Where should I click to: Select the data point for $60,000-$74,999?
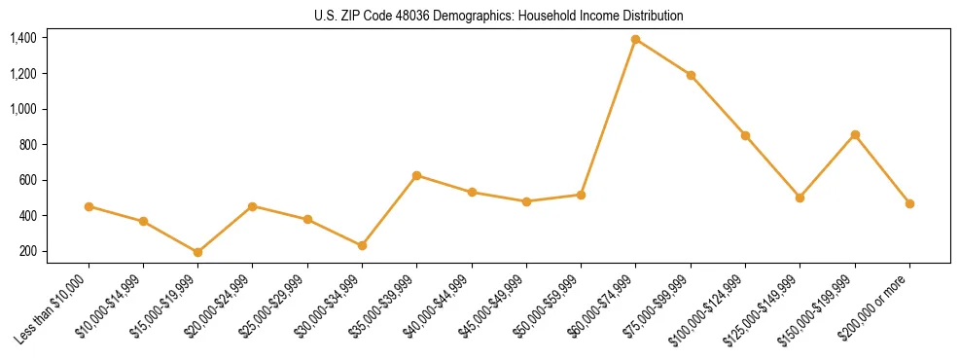pos(636,40)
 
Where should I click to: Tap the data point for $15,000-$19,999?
pos(198,252)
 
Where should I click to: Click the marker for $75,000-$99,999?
pos(691,75)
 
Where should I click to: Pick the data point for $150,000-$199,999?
pos(855,134)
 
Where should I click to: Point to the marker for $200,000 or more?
pos(909,203)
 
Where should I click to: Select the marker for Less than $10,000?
pos(89,206)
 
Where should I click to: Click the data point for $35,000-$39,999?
pos(417,175)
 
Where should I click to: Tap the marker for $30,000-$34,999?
pos(362,245)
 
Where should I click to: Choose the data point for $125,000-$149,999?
pos(800,198)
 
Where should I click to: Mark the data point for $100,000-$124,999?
pos(745,135)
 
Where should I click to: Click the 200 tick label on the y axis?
pos(27,251)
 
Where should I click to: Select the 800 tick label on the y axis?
pos(27,145)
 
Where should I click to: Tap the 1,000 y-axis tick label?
pos(23,109)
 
